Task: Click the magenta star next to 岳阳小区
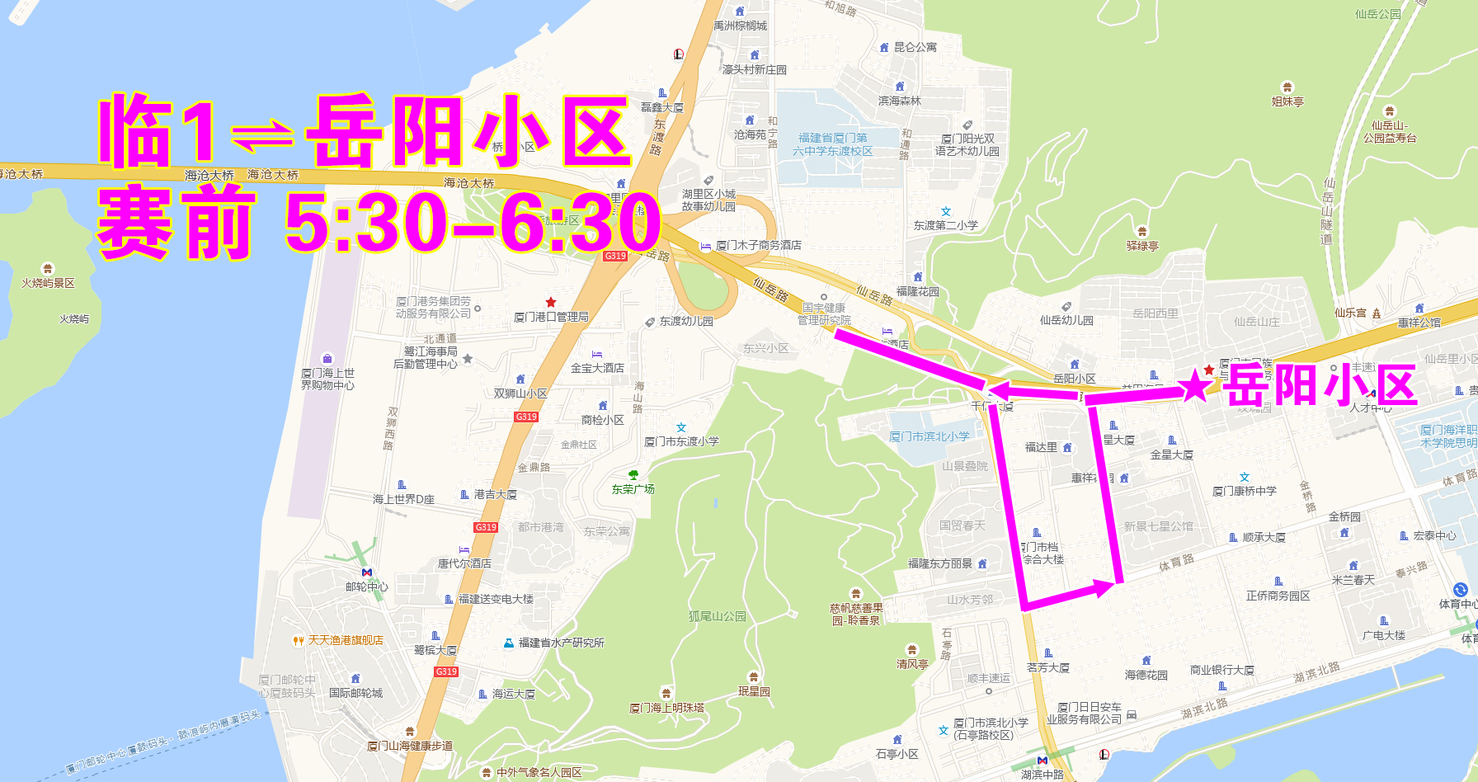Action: click(x=1195, y=385)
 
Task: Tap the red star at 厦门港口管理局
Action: click(x=551, y=303)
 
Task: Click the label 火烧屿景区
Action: click(x=48, y=283)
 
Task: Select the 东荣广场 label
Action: click(x=633, y=488)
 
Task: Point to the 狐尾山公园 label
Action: click(x=717, y=616)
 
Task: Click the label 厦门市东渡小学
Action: click(x=681, y=441)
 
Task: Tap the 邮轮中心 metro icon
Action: click(x=367, y=572)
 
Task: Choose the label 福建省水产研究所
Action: click(x=561, y=643)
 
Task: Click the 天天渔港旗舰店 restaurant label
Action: click(x=345, y=640)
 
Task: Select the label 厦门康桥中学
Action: click(x=1245, y=491)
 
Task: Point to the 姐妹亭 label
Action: click(x=1287, y=101)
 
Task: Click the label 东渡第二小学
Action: click(x=945, y=225)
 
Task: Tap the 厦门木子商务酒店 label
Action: click(x=758, y=245)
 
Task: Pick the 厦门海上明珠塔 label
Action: click(x=666, y=708)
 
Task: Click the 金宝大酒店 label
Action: click(x=597, y=368)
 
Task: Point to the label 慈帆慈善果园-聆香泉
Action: click(x=856, y=615)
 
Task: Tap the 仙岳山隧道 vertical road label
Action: click(x=1327, y=211)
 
